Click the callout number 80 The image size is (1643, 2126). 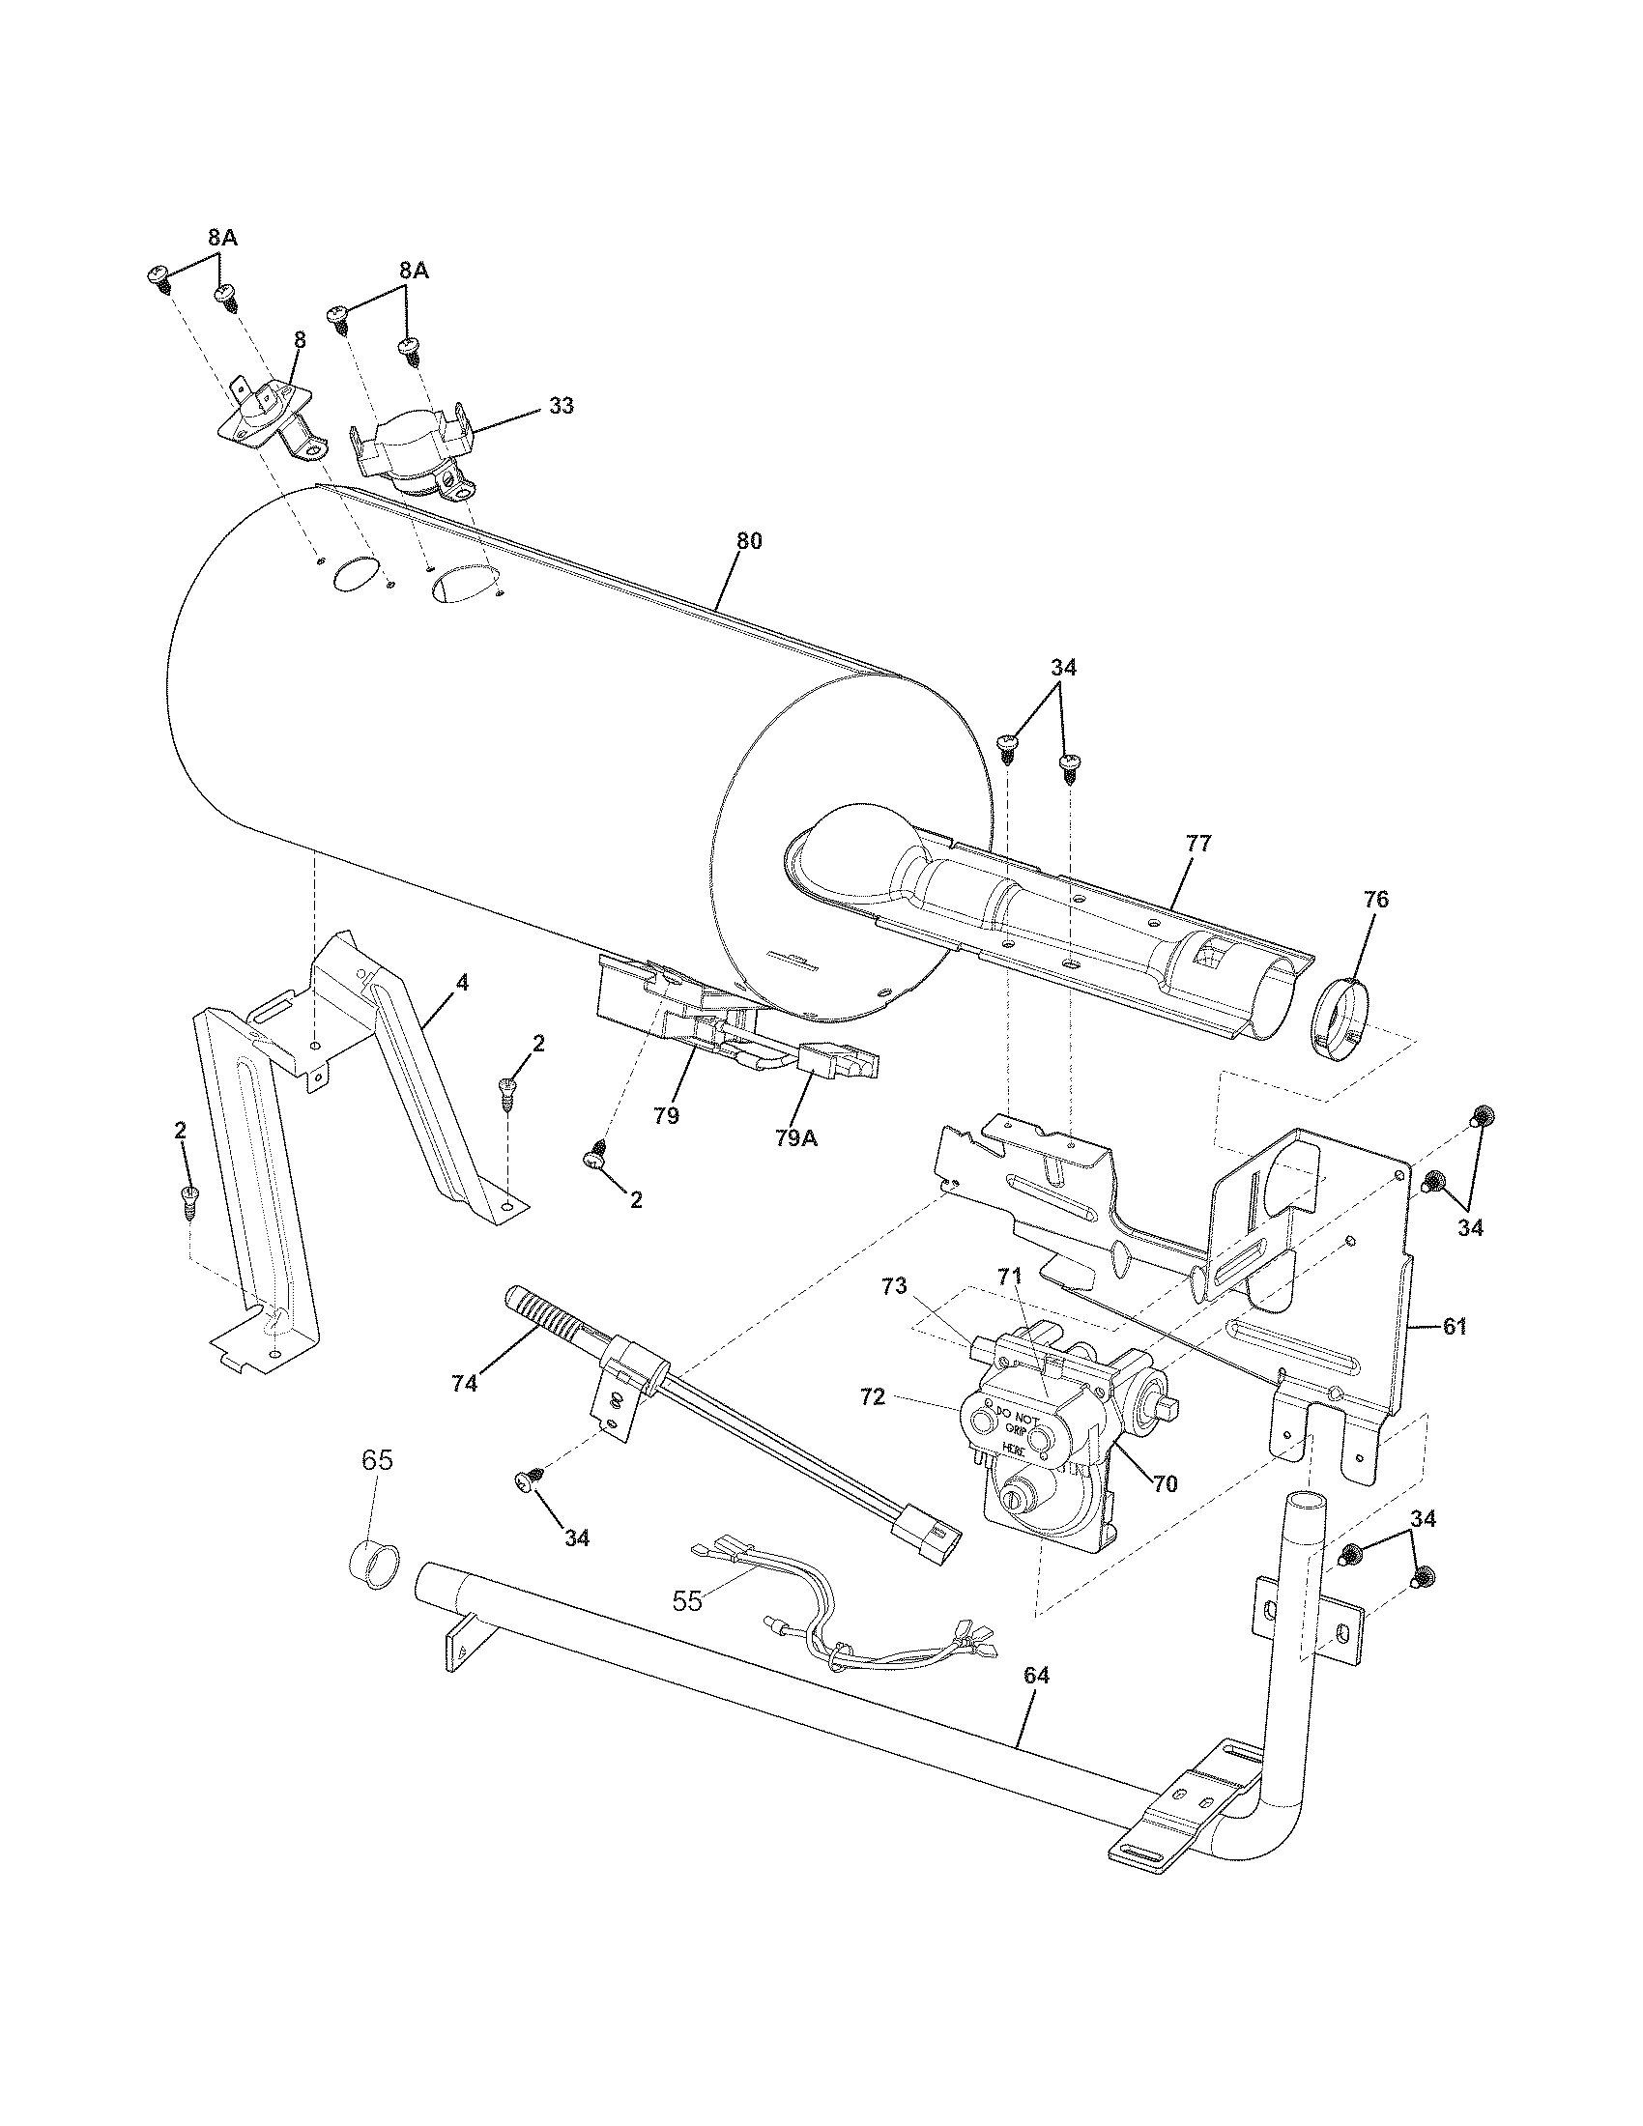point(748,541)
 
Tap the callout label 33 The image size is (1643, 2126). point(561,406)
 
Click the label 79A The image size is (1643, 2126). point(795,1137)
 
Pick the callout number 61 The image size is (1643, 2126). point(1454,1327)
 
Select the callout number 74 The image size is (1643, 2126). point(464,1382)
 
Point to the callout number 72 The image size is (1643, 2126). point(872,1397)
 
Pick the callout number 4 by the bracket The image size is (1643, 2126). point(462,983)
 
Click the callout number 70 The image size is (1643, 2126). point(1165,1483)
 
